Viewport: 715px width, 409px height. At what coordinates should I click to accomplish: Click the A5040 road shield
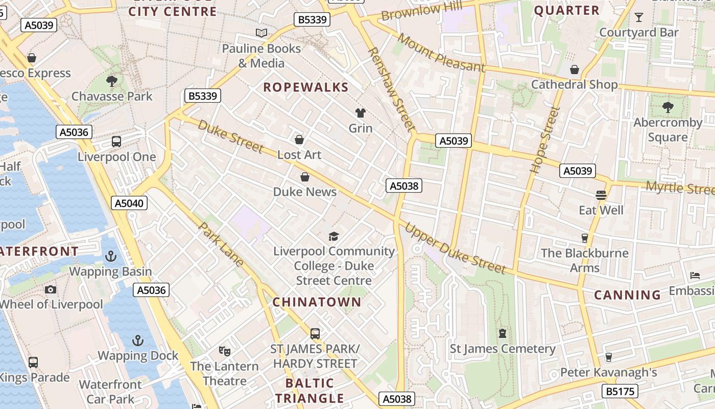(x=129, y=203)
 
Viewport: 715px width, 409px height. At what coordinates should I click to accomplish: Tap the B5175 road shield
(x=621, y=391)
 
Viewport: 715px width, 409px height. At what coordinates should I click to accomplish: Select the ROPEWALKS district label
(x=305, y=87)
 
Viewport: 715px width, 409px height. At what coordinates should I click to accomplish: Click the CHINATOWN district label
(x=317, y=302)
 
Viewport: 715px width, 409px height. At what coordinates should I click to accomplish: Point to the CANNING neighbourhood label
(x=628, y=295)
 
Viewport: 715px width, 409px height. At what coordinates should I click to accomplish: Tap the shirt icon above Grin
(x=361, y=113)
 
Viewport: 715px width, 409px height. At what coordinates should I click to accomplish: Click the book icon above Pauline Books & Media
(x=261, y=33)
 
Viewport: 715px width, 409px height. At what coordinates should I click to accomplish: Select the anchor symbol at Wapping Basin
(x=111, y=256)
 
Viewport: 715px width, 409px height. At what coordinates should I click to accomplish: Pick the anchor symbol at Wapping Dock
(x=137, y=340)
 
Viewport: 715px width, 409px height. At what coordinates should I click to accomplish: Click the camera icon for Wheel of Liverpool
(x=50, y=289)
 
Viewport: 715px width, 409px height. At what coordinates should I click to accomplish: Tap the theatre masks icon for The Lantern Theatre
(x=224, y=351)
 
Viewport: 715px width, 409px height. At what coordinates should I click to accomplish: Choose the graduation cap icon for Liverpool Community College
(x=333, y=236)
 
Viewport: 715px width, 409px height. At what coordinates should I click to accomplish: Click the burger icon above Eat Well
(x=601, y=195)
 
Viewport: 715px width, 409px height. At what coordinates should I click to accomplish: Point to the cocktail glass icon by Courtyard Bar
(x=638, y=18)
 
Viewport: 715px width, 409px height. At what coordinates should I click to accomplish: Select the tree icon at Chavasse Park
(x=111, y=81)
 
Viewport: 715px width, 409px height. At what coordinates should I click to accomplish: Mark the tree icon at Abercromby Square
(x=668, y=107)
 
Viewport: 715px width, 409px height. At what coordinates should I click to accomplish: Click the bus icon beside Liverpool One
(x=116, y=142)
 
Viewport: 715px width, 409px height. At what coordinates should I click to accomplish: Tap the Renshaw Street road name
(x=390, y=88)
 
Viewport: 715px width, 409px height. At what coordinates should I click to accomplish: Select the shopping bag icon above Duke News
(x=305, y=177)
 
